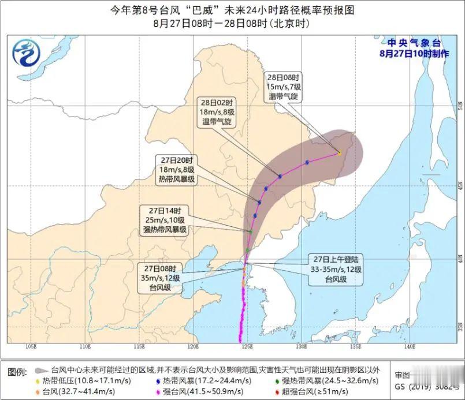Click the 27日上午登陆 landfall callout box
335,270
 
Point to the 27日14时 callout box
165,220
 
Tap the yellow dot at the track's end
339,152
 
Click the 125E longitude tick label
247,347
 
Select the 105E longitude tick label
31,347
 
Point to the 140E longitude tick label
410,347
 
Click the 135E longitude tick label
355,347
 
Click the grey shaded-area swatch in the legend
41,370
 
